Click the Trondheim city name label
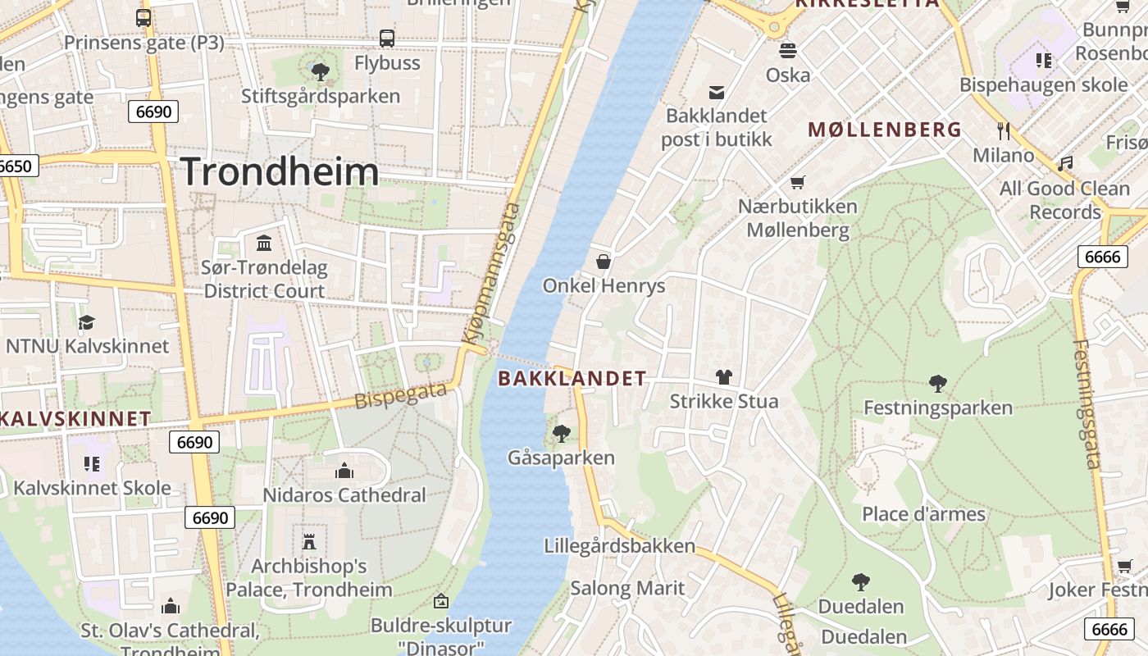click(x=280, y=171)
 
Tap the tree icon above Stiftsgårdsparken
click(x=321, y=71)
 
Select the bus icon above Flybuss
click(x=387, y=38)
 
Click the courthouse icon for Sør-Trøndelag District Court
click(x=264, y=243)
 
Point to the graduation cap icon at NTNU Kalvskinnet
click(x=87, y=321)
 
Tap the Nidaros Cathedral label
click(x=344, y=495)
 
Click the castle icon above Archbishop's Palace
click(x=309, y=541)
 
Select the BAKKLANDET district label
click(x=572, y=378)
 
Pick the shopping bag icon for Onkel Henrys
click(x=604, y=261)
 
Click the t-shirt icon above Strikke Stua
click(x=723, y=377)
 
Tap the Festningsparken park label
click(x=938, y=408)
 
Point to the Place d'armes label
click(x=923, y=514)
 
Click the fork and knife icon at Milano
click(x=1003, y=130)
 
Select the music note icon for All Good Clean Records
click(x=1065, y=164)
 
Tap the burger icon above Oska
click(x=788, y=50)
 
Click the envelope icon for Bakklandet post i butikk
click(x=717, y=92)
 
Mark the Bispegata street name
click(x=401, y=396)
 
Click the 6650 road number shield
click(x=15, y=166)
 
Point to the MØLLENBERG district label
click(x=885, y=130)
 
